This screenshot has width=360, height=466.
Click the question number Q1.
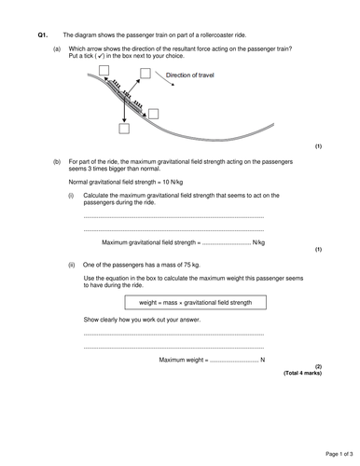[x=42, y=34]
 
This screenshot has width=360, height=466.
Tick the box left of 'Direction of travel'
[x=145, y=74]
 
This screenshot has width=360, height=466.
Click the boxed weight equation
[x=196, y=303]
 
